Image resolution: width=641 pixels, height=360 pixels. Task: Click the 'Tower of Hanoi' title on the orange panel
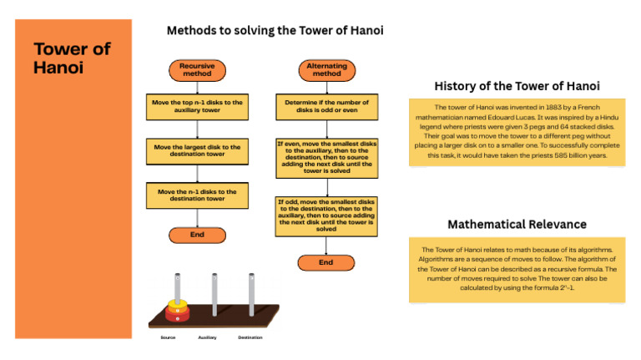pos(72,57)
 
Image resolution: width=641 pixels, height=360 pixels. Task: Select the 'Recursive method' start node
pos(197,68)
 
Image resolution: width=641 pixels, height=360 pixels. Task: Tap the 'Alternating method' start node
pos(326,68)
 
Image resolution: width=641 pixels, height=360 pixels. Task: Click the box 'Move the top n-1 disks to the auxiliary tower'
pos(197,106)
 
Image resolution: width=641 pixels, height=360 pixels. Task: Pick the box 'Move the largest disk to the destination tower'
pos(197,150)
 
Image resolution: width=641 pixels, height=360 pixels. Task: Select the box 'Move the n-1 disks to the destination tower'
pos(197,195)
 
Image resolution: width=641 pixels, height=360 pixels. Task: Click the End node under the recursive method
pos(197,235)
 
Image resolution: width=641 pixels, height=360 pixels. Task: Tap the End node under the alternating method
pos(326,262)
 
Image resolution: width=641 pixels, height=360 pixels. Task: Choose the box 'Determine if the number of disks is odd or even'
pos(326,106)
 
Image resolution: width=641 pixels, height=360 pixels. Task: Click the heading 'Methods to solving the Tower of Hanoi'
pos(275,31)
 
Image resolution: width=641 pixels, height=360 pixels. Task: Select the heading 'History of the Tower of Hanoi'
pos(517,86)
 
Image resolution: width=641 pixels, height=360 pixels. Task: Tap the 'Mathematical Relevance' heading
pos(517,224)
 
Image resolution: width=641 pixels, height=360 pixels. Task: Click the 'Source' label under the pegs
pos(168,337)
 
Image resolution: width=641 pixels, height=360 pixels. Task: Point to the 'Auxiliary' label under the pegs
pos(207,337)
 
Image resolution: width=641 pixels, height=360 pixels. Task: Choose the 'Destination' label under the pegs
pos(250,337)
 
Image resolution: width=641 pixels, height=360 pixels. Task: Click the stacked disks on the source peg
pos(176,310)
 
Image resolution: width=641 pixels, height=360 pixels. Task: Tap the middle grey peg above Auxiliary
pos(215,292)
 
